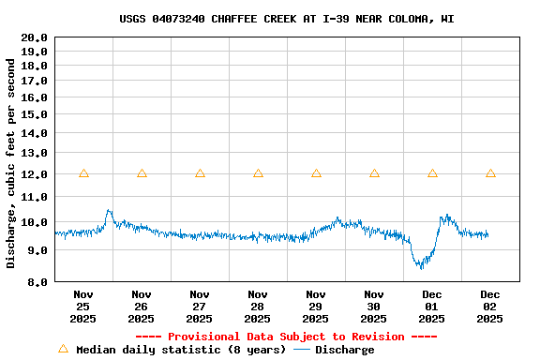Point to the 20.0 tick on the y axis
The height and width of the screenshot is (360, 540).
35,37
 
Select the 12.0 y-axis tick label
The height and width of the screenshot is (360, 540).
35,174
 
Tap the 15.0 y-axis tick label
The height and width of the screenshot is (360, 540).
35,114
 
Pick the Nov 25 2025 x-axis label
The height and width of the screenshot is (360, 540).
83,306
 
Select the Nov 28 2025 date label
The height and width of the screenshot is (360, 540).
258,306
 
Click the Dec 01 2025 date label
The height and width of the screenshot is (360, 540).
432,306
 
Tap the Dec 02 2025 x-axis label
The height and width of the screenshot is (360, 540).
490,306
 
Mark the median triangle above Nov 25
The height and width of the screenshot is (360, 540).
83,173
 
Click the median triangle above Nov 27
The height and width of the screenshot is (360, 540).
200,173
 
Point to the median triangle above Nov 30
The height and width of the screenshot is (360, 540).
374,173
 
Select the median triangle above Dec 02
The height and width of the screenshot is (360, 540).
490,173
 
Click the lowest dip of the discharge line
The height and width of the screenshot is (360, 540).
421,267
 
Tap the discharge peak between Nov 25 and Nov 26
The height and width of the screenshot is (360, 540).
109,211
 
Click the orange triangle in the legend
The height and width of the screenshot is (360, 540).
64,349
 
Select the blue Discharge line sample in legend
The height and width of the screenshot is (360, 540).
302,350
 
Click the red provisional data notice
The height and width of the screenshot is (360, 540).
287,337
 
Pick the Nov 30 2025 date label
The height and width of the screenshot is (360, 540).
374,306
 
